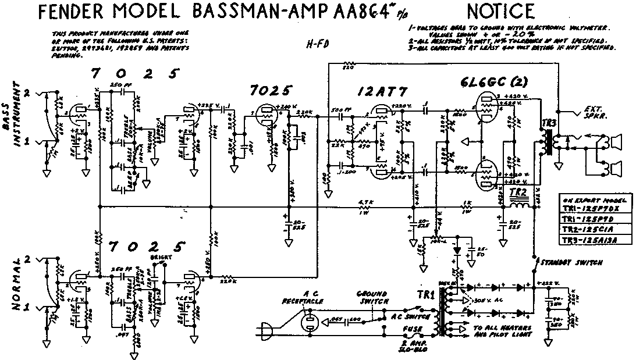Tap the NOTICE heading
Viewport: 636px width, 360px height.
coord(500,11)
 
